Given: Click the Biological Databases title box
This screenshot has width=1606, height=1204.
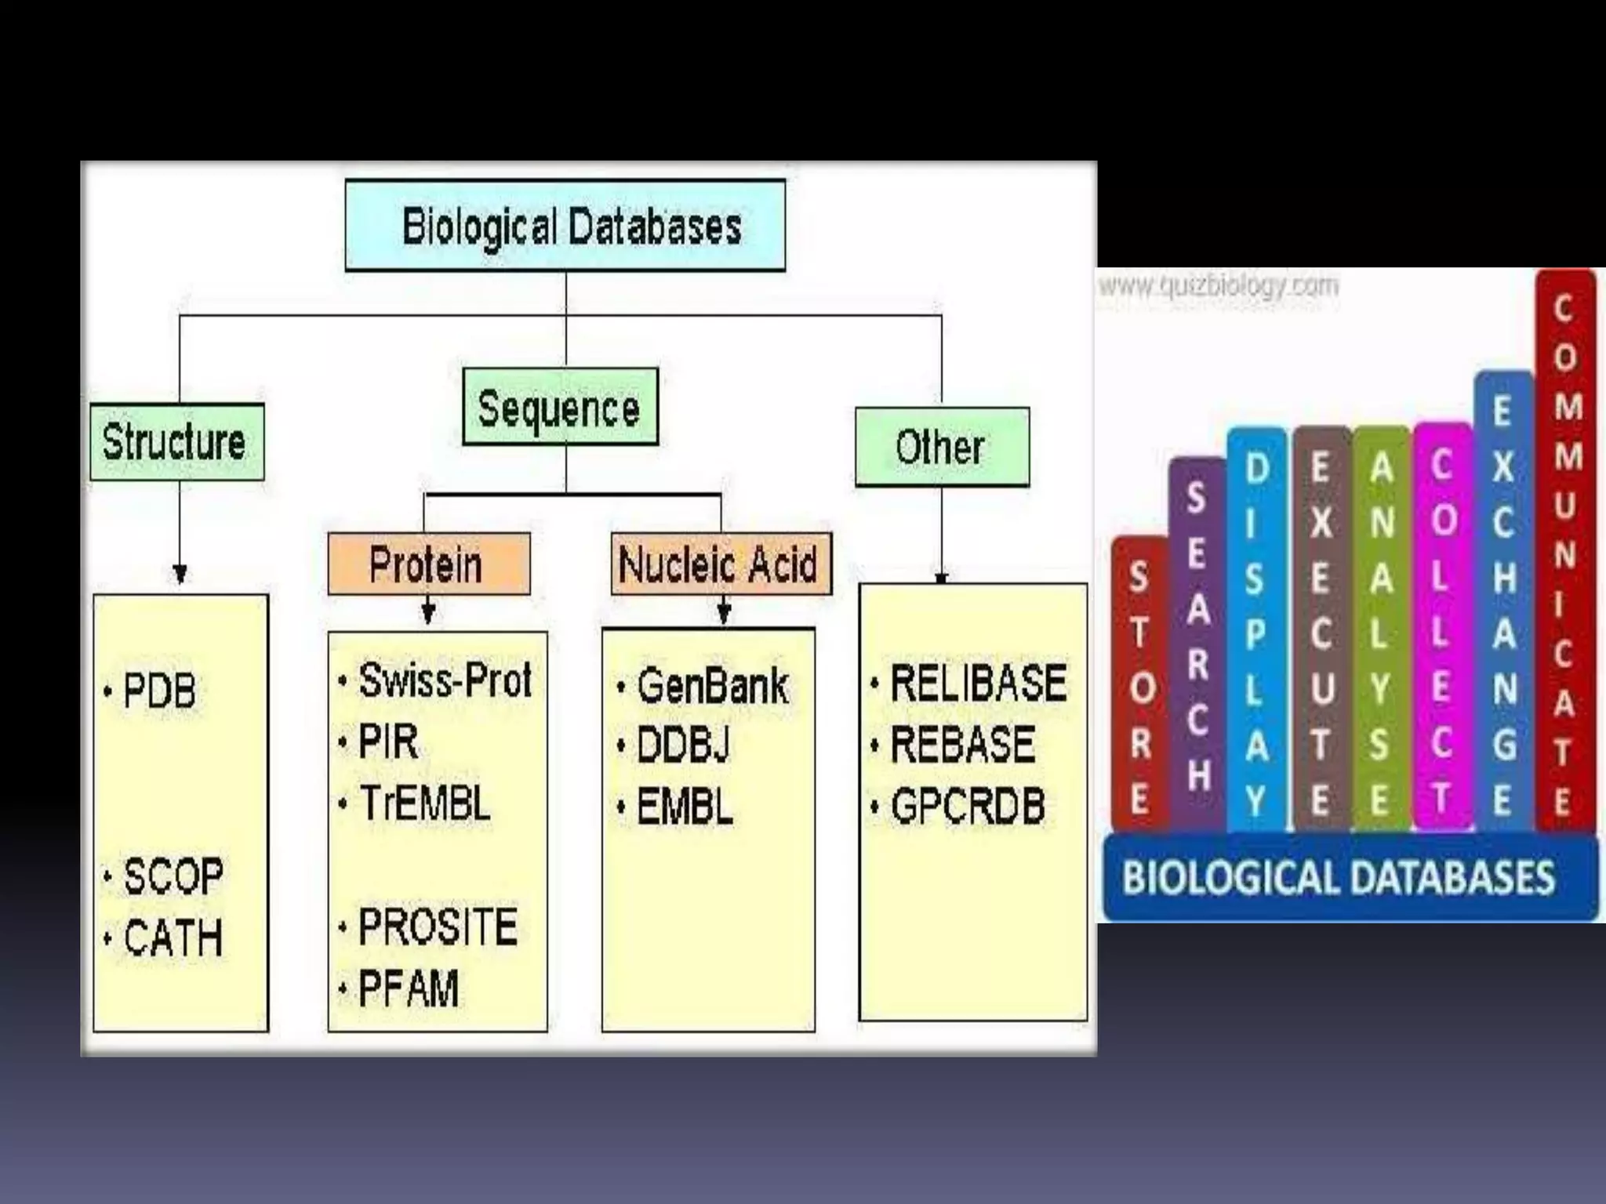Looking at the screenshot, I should pyautogui.click(x=565, y=226).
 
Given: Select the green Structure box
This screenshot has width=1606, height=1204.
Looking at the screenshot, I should pyautogui.click(x=177, y=442).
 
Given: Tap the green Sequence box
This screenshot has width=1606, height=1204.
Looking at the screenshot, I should pyautogui.click(x=560, y=407).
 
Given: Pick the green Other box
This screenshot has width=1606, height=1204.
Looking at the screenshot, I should pyautogui.click(x=942, y=447).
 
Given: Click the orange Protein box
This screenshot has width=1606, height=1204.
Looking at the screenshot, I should pyautogui.click(x=428, y=564).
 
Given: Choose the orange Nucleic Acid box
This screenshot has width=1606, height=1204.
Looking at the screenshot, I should pyautogui.click(x=720, y=564).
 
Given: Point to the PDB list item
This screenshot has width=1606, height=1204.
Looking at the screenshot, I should pyautogui.click(x=159, y=691).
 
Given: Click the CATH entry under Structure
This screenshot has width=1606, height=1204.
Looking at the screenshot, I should pyautogui.click(x=173, y=937).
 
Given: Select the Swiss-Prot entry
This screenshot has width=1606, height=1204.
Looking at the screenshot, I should pyautogui.click(x=445, y=680).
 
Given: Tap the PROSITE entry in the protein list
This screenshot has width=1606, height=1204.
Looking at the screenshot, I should pyautogui.click(x=438, y=927).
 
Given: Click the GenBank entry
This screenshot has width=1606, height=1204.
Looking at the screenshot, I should pyautogui.click(x=712, y=687).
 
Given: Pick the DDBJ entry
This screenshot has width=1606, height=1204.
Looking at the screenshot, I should pyautogui.click(x=683, y=745).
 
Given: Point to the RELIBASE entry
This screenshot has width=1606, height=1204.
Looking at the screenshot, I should pyautogui.click(x=978, y=683).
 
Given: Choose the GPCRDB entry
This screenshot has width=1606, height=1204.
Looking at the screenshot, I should pyautogui.click(x=968, y=807).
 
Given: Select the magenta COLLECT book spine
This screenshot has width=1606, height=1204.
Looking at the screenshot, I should pyautogui.click(x=1442, y=627).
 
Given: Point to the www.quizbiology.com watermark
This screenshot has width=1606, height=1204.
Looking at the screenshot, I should pyautogui.click(x=1218, y=285).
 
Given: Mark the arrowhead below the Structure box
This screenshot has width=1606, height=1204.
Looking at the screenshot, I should pyautogui.click(x=180, y=575).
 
